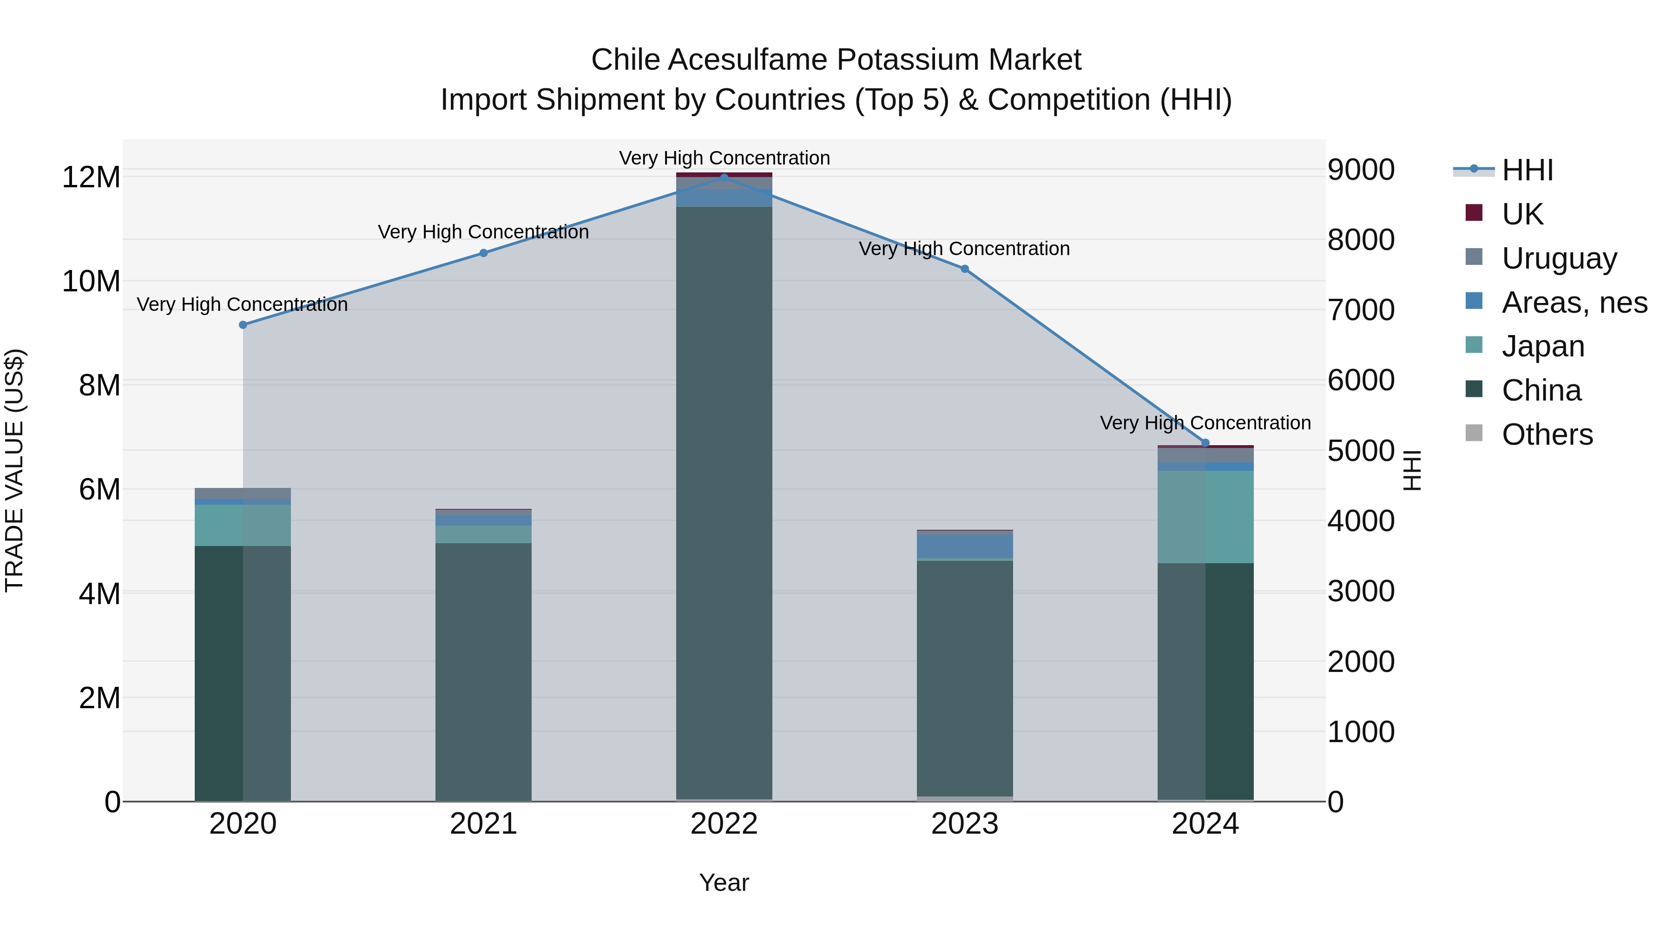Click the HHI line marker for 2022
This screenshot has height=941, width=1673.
point(724,178)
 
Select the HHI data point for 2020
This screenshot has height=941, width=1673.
point(243,325)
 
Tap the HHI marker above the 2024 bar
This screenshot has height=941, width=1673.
point(1205,443)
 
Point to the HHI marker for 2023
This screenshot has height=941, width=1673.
point(964,269)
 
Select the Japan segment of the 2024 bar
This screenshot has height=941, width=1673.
point(1205,517)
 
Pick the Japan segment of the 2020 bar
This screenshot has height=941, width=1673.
point(243,525)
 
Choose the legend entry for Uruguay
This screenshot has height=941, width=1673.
point(1559,258)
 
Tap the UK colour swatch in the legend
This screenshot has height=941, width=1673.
point(1474,213)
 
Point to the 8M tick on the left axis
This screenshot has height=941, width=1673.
point(99,386)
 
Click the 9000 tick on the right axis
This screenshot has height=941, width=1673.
point(1361,170)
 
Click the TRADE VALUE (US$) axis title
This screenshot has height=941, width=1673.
point(14,470)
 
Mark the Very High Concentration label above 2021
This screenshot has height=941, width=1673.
point(483,232)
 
